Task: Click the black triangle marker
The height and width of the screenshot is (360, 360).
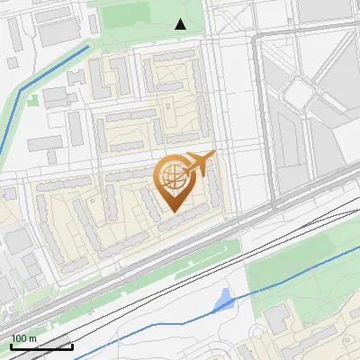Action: pyautogui.click(x=180, y=24)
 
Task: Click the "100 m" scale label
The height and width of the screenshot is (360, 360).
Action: pyautogui.click(x=23, y=338)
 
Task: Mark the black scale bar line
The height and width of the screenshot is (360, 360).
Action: pyautogui.click(x=41, y=346)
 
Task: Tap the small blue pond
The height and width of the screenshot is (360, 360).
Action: pyautogui.click(x=223, y=303)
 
